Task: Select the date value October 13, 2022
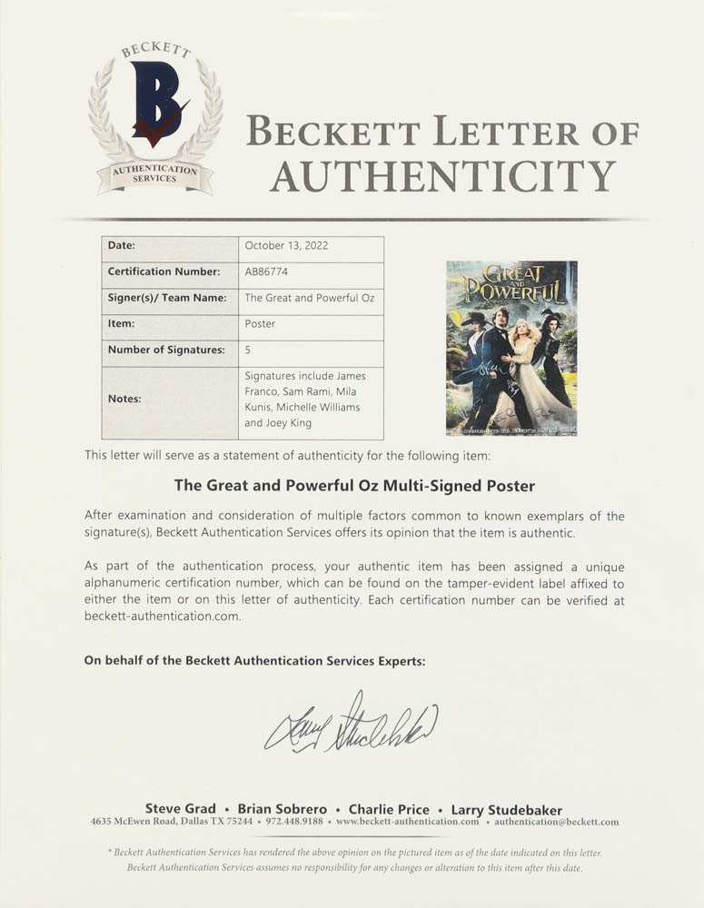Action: pos(287,246)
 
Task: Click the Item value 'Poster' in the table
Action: pos(260,323)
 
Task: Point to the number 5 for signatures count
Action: pos(248,350)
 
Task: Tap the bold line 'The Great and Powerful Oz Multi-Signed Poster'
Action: pos(354,486)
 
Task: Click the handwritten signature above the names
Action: pos(351,723)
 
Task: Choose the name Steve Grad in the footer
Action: pos(181,809)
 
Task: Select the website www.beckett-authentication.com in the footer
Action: pos(407,823)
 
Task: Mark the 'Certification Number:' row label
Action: pos(164,271)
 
